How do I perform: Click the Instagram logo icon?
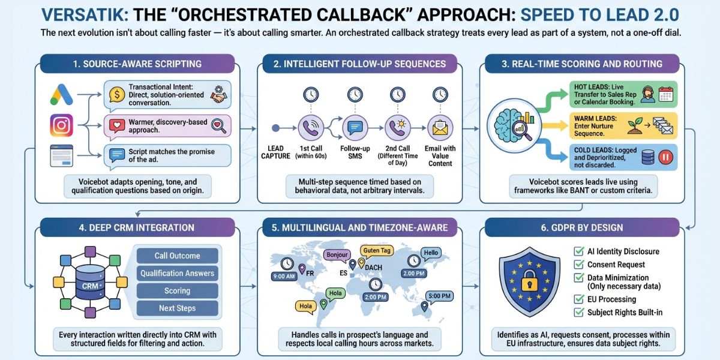62,125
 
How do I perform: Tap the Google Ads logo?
62,94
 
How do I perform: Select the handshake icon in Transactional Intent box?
219,95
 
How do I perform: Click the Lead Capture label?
275,152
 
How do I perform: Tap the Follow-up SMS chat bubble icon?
353,127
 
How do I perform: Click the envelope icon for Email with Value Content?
440,127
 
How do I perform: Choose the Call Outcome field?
177,256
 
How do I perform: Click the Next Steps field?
177,308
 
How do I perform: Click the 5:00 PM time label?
440,296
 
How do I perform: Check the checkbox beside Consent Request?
579,265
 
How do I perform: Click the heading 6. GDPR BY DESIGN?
582,227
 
